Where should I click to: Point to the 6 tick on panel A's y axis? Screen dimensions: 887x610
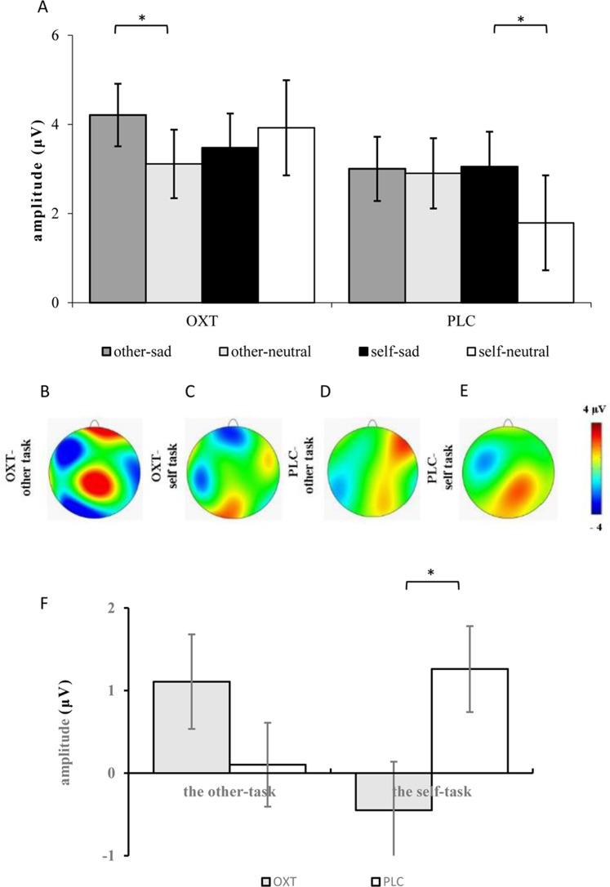(59, 36)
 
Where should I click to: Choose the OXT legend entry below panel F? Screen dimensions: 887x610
(283, 880)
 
